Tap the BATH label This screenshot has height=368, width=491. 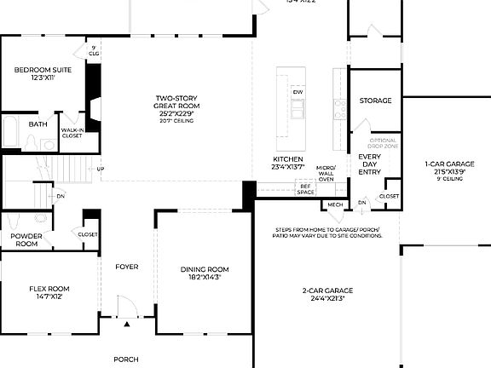[x=38, y=124]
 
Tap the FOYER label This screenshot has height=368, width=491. [x=126, y=267]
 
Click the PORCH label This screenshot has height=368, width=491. [x=125, y=359]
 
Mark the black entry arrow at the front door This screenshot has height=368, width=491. [x=126, y=325]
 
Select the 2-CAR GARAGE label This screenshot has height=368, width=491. [x=327, y=290]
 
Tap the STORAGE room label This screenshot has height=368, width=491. [x=375, y=101]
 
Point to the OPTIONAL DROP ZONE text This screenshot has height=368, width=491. [x=383, y=144]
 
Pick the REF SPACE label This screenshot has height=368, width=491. [x=305, y=189]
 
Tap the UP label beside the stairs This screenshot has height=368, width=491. [x=101, y=169]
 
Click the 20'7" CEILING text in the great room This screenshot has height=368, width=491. [x=175, y=121]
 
